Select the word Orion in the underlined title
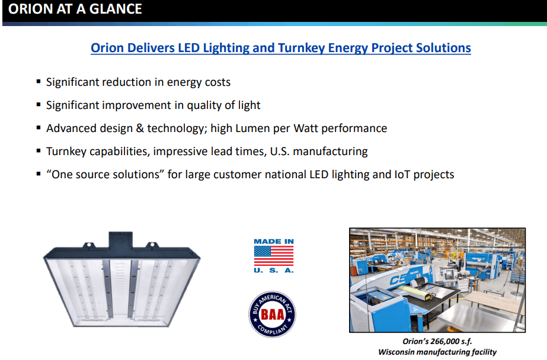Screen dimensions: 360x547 (108, 48)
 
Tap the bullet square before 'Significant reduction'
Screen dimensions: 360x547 (39, 82)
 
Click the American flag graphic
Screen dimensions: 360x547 (273, 256)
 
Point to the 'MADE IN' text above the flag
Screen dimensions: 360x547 (273, 242)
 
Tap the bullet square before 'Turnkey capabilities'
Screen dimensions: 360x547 (39, 151)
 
